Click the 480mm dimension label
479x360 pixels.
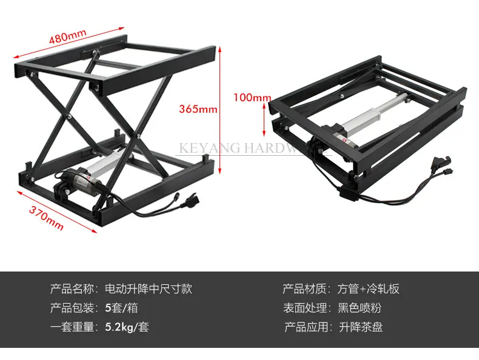pyautogui.click(x=68, y=36)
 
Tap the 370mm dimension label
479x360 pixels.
pyautogui.click(x=47, y=218)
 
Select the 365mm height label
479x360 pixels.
pyautogui.click(x=198, y=108)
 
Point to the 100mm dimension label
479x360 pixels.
pyautogui.click(x=252, y=98)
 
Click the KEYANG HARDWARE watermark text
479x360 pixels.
pyautogui.click(x=253, y=148)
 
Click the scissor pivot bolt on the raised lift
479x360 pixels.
pyautogui.click(x=70, y=116)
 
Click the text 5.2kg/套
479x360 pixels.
pyautogui.click(x=127, y=327)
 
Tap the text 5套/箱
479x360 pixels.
pyautogui.click(x=122, y=308)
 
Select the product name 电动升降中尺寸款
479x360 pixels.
pyautogui.click(x=149, y=289)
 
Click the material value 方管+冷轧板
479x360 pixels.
pyautogui.click(x=369, y=289)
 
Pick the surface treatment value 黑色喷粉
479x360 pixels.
pyautogui.click(x=360, y=308)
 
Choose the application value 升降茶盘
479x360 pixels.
pyautogui.click(x=361, y=327)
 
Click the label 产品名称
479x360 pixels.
pyautogui.click(x=72, y=289)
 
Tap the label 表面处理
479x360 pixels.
pyautogui.click(x=305, y=308)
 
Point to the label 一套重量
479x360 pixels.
pyautogui.click(x=72, y=327)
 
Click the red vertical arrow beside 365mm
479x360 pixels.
pyautogui.click(x=220, y=110)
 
